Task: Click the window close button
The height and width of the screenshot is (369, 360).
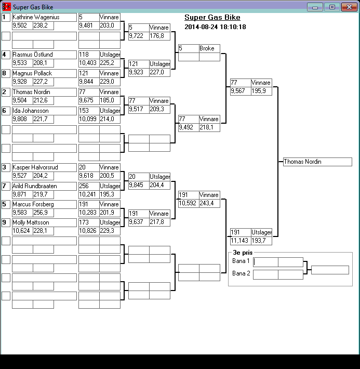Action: (x=348, y=7)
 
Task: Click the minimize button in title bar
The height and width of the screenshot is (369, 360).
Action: (x=315, y=7)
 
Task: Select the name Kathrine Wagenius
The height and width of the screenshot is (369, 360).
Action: (x=44, y=17)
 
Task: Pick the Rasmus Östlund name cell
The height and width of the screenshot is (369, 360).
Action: (x=44, y=55)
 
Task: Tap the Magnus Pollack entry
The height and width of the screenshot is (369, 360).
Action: (x=44, y=73)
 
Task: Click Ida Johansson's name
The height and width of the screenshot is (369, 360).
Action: (x=44, y=111)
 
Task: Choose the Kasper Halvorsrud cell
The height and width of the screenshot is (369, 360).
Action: (x=44, y=167)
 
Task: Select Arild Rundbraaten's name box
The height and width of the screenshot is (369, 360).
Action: (x=44, y=186)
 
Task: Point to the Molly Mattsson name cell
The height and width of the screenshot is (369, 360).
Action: (x=44, y=222)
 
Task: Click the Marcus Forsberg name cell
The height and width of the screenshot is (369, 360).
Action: (x=44, y=204)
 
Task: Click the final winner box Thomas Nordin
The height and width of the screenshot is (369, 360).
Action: (x=317, y=162)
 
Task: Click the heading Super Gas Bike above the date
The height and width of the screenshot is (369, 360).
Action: (x=212, y=18)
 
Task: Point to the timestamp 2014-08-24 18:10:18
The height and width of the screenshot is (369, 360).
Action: (x=215, y=27)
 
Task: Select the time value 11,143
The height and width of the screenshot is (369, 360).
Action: (x=240, y=241)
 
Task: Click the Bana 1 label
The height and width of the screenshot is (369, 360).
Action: (x=241, y=261)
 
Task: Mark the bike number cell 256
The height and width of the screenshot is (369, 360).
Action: (x=88, y=186)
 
